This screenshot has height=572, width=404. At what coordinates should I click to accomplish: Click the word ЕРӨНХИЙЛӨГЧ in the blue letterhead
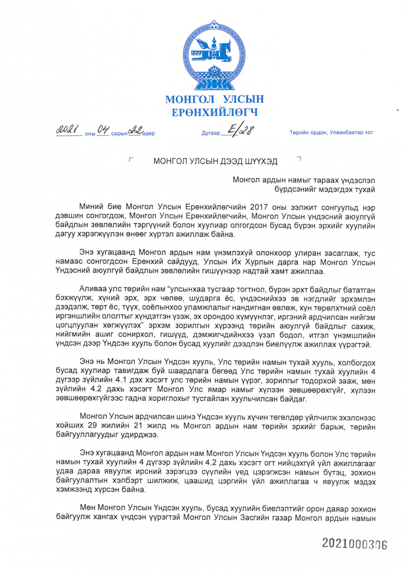215,112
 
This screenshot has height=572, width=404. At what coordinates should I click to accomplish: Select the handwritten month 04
103,130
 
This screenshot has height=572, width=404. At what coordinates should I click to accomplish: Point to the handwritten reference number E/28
240,130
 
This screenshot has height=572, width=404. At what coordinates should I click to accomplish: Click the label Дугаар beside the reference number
211,133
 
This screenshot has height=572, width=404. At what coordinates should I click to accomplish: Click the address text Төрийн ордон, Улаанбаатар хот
331,133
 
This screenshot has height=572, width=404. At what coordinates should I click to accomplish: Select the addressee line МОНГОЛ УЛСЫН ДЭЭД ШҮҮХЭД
215,162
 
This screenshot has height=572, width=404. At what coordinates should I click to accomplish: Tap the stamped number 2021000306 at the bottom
354,544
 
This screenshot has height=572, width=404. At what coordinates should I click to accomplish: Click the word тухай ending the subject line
366,189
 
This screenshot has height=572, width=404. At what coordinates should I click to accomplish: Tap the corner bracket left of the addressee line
130,159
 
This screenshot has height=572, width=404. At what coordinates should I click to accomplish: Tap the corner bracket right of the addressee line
299,158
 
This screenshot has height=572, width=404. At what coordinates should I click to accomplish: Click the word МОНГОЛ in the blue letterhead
190,99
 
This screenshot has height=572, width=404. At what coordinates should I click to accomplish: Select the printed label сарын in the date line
119,133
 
